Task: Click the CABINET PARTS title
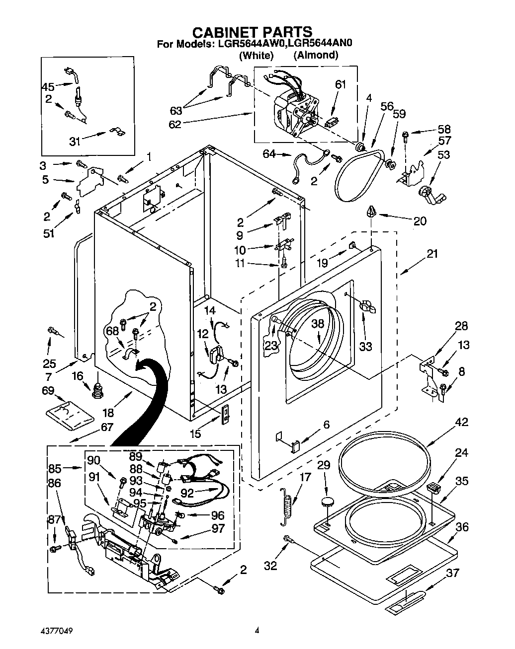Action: pyautogui.click(x=253, y=32)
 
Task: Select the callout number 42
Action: pyautogui.click(x=462, y=423)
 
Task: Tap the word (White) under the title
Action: pyautogui.click(x=256, y=55)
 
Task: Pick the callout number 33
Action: pyautogui.click(x=365, y=346)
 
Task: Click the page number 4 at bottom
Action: pyautogui.click(x=257, y=631)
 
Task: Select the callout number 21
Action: pyautogui.click(x=432, y=254)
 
